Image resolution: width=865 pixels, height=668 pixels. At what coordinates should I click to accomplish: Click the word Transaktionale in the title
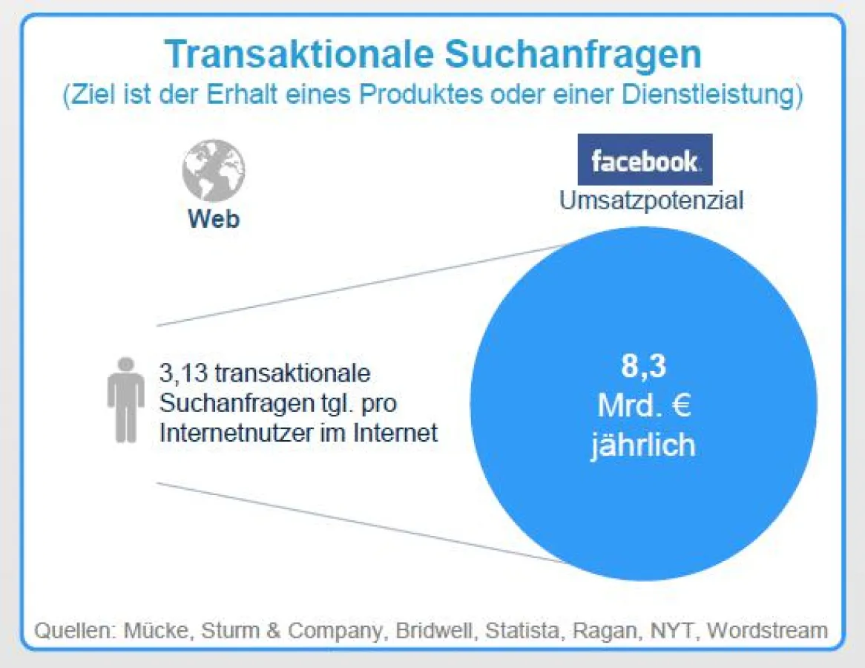click(299, 54)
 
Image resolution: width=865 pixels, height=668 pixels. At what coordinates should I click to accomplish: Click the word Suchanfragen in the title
click(573, 55)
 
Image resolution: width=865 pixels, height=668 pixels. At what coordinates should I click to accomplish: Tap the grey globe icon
click(214, 170)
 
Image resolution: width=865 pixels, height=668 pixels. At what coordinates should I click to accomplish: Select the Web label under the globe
click(214, 219)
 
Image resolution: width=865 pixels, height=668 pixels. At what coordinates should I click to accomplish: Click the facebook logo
click(645, 160)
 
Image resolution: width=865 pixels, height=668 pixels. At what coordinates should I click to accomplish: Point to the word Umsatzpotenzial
click(651, 200)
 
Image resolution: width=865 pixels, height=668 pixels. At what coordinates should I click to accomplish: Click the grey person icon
click(126, 400)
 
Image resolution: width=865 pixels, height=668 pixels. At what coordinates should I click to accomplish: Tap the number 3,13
click(184, 373)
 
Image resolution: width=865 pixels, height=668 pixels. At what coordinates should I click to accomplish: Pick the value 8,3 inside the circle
click(644, 365)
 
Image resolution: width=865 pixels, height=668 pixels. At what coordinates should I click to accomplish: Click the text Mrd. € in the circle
click(644, 406)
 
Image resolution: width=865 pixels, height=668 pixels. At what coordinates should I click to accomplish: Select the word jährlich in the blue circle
click(643, 445)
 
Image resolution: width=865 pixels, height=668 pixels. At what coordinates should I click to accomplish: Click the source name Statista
click(522, 630)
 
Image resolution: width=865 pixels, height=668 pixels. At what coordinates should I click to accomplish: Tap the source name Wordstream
click(767, 630)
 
